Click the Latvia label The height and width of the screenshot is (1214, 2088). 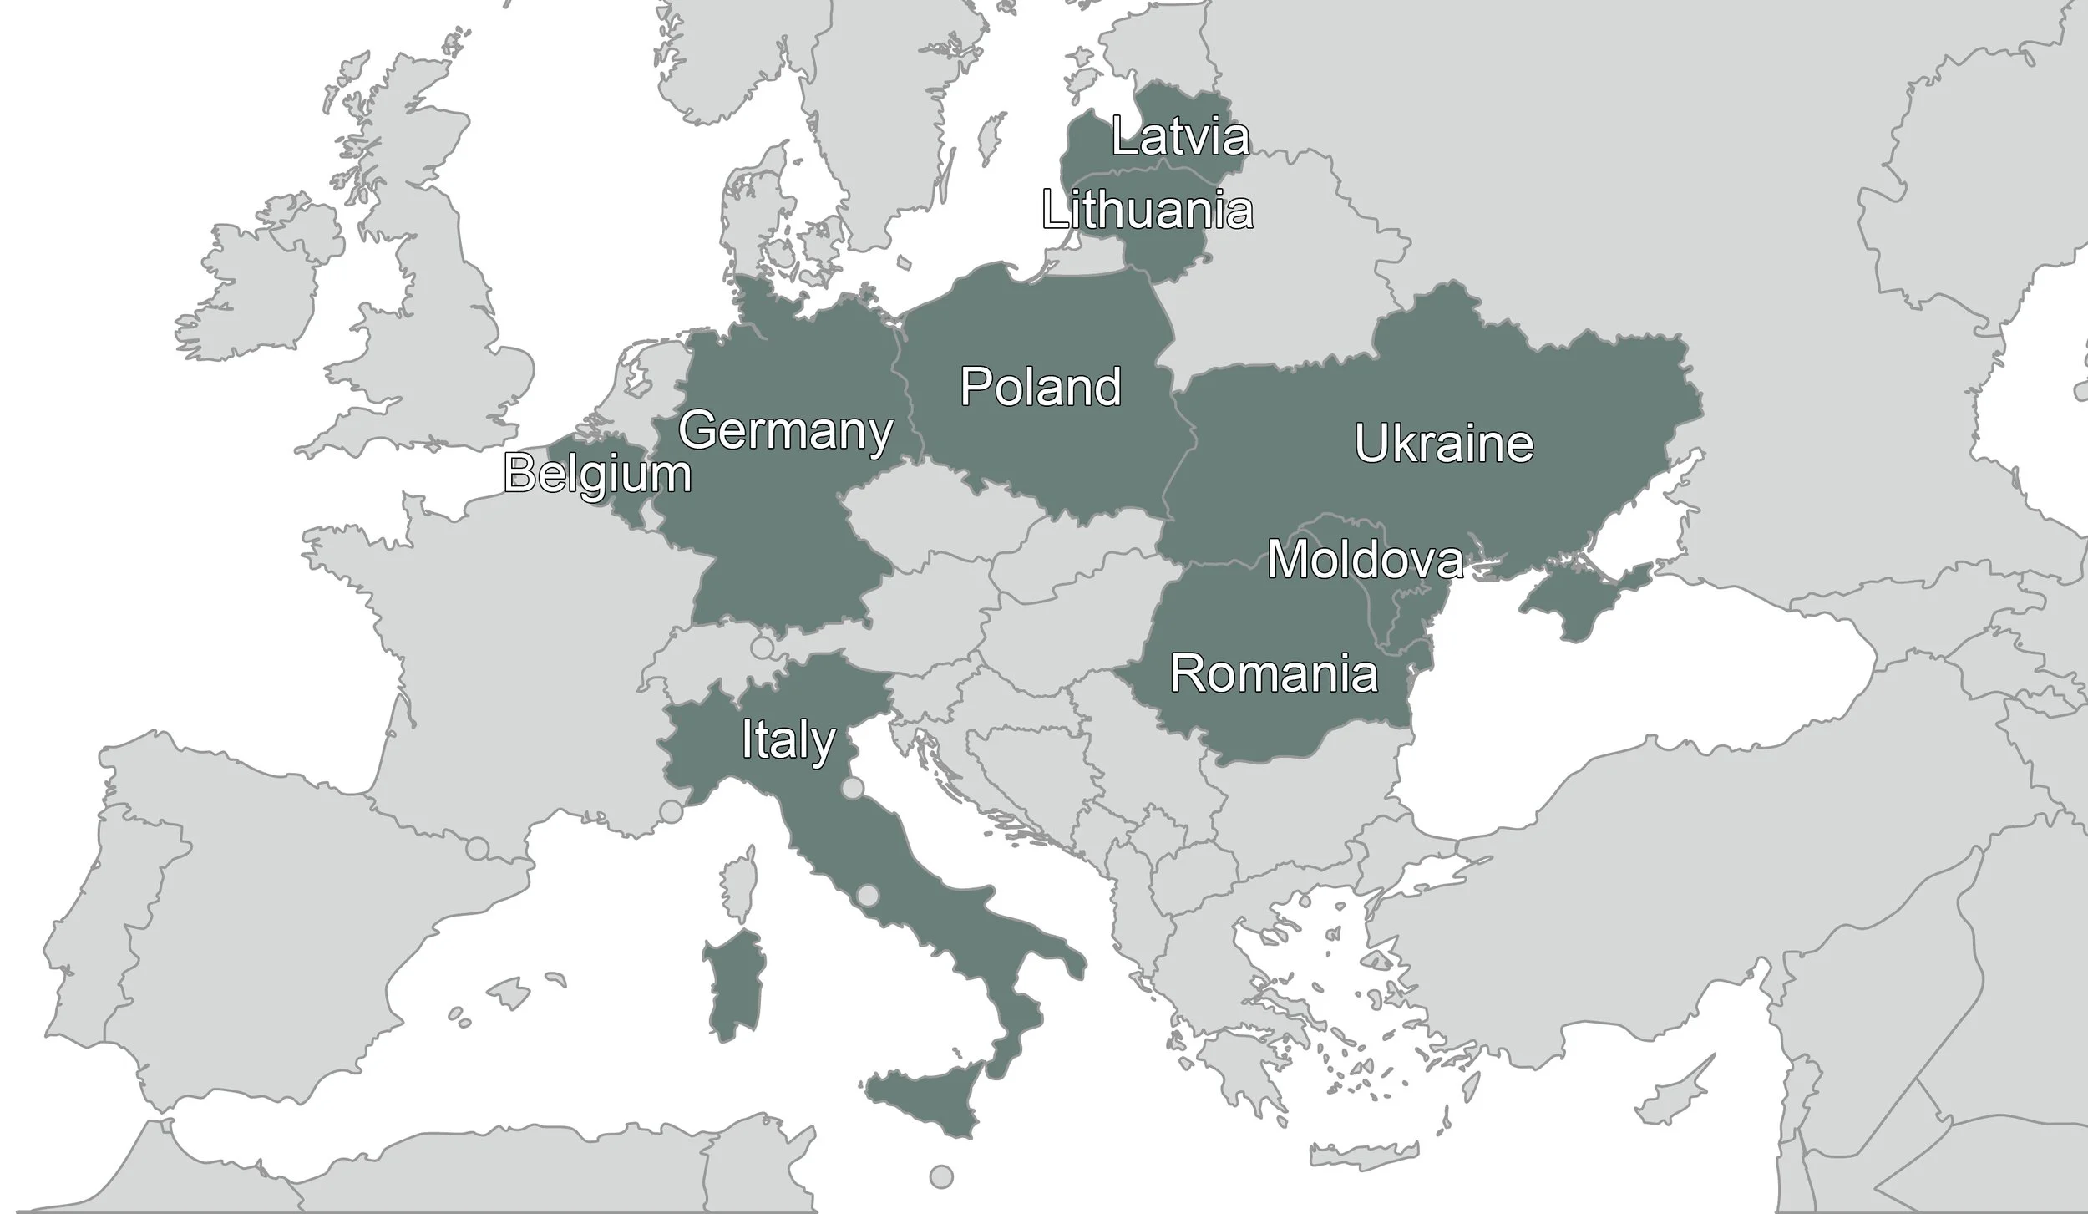click(x=1180, y=138)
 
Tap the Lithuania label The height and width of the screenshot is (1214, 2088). click(x=1148, y=210)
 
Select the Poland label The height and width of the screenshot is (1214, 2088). click(x=1040, y=387)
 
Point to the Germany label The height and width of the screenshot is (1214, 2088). click(x=785, y=431)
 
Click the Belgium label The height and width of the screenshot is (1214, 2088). click(x=597, y=475)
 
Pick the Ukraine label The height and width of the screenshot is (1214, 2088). click(x=1443, y=444)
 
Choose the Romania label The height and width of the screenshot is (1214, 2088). click(x=1274, y=673)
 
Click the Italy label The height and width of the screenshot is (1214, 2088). click(x=788, y=740)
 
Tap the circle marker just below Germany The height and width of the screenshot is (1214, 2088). click(x=762, y=647)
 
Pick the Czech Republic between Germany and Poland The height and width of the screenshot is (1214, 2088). click(x=935, y=510)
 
